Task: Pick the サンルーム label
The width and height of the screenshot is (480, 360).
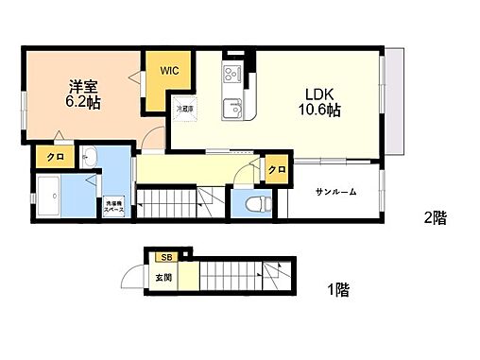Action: (x=336, y=192)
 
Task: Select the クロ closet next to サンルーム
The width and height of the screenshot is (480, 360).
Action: (x=276, y=170)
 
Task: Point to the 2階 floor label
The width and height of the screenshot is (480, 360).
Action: (x=435, y=217)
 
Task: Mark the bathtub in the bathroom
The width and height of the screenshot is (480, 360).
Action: (x=53, y=197)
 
